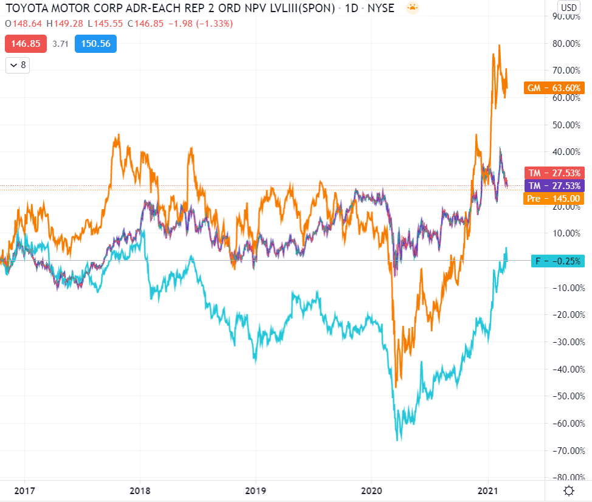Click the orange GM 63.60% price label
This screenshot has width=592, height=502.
click(553, 88)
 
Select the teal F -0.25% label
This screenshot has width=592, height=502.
click(556, 261)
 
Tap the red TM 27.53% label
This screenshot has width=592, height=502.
click(553, 173)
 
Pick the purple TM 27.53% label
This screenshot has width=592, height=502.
click(553, 185)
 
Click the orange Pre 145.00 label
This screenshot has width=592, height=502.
click(553, 198)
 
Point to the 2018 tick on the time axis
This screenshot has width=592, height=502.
click(140, 490)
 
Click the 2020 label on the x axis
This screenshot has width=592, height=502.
click(372, 490)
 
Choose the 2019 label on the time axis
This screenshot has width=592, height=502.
click(256, 490)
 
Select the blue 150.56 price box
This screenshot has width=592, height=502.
click(95, 44)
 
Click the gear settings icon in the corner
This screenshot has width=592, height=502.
click(569, 490)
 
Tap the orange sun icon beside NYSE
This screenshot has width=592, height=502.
click(413, 9)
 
